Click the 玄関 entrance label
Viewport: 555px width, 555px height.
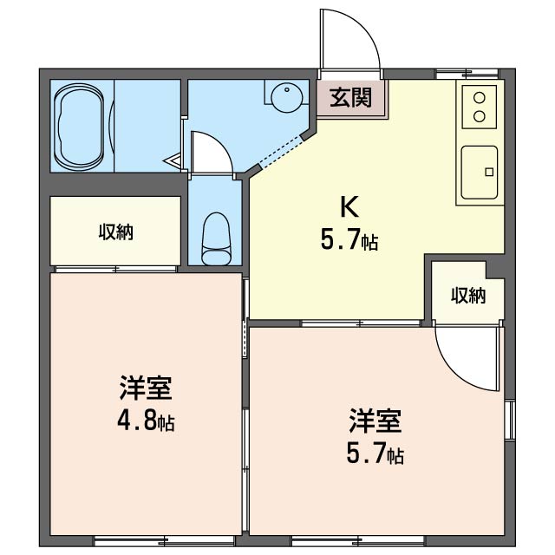click(x=350, y=97)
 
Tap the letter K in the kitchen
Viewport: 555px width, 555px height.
click(x=349, y=207)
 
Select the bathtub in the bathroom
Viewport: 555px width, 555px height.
click(x=79, y=127)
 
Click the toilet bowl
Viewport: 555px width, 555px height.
click(x=216, y=239)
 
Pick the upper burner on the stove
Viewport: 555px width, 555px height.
click(x=480, y=98)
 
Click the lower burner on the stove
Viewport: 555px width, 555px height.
click(x=480, y=115)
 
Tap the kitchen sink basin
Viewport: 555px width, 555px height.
click(x=480, y=173)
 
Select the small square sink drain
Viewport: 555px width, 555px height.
click(x=489, y=172)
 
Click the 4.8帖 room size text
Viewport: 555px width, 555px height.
click(x=146, y=421)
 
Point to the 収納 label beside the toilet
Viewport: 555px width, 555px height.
click(x=115, y=232)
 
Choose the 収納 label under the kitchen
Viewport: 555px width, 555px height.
click(x=468, y=296)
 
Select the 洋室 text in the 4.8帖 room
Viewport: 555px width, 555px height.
click(x=146, y=388)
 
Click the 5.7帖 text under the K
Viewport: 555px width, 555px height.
click(x=349, y=239)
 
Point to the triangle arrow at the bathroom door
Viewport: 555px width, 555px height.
click(x=172, y=162)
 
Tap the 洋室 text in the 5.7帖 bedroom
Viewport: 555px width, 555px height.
click(x=375, y=421)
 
